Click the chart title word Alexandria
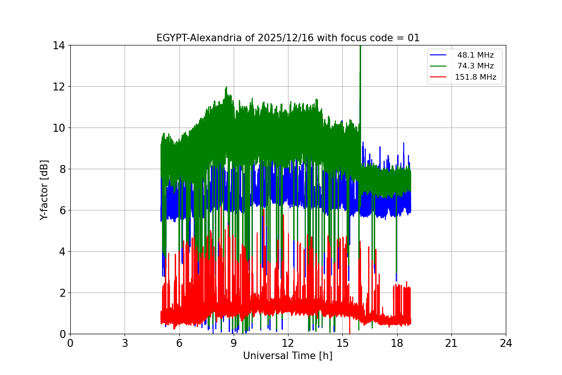215,38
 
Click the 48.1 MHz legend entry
475,55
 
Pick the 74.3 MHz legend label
475,66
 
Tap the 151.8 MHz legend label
475,77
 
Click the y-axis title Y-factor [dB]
44,189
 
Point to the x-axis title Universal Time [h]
288,356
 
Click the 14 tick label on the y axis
59,45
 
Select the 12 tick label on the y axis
59,87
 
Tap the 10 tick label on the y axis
59,128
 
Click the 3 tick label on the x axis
125,343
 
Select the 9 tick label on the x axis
234,343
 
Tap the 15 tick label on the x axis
342,343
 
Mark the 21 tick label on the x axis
451,343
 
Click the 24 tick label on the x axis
506,343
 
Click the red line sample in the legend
439,77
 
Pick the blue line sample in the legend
439,55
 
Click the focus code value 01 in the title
414,38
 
